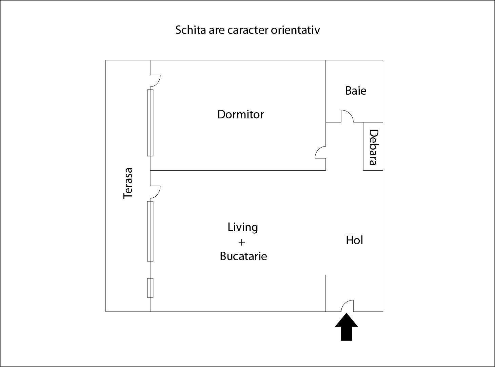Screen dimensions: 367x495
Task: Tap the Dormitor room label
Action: (x=240, y=114)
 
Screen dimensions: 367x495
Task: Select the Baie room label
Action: (x=356, y=91)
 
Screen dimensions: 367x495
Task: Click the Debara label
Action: (x=373, y=147)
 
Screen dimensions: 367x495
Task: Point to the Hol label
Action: (x=354, y=240)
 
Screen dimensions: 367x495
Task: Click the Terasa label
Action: (x=128, y=183)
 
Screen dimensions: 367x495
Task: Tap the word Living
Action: (x=243, y=227)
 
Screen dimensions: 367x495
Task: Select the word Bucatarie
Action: (x=243, y=256)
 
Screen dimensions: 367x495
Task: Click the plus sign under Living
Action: (x=241, y=242)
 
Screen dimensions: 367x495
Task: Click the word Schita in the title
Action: (x=190, y=30)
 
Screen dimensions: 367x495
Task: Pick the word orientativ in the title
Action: (x=295, y=30)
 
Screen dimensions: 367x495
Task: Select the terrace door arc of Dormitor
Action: (x=156, y=80)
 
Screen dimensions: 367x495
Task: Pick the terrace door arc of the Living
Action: (x=156, y=192)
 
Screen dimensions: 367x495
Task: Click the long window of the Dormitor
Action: (x=150, y=123)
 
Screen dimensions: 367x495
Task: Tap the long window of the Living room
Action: (x=150, y=231)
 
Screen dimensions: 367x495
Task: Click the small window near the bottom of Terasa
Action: (x=150, y=288)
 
